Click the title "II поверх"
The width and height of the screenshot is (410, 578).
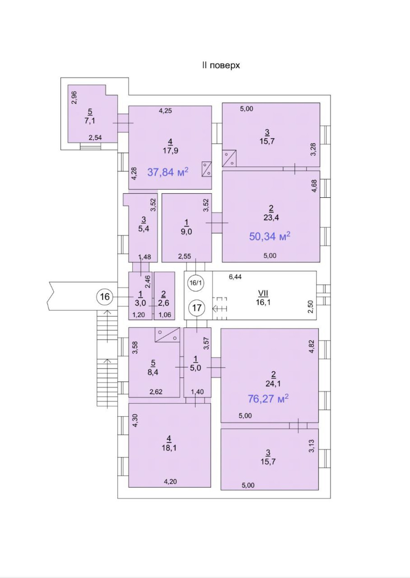221,65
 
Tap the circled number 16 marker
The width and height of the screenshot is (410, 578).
105,297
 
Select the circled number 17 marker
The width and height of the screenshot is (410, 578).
197,308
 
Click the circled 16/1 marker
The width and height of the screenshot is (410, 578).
196,283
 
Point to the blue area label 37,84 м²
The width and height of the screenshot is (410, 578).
168,172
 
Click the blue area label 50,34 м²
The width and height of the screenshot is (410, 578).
269,236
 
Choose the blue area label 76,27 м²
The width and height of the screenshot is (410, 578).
268,399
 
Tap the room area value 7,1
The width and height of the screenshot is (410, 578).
90,121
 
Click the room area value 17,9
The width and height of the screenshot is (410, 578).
170,151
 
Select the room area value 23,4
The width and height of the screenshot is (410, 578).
271,217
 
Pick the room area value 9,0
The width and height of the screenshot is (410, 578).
187,231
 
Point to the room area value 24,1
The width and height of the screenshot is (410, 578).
273,384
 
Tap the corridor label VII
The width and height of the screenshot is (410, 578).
263,293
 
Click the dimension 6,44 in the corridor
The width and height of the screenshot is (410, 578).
235,277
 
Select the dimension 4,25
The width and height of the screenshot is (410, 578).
165,111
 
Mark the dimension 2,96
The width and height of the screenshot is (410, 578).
74,98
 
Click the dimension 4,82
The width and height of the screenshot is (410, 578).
312,347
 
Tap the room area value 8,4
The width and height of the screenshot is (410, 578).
153,372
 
